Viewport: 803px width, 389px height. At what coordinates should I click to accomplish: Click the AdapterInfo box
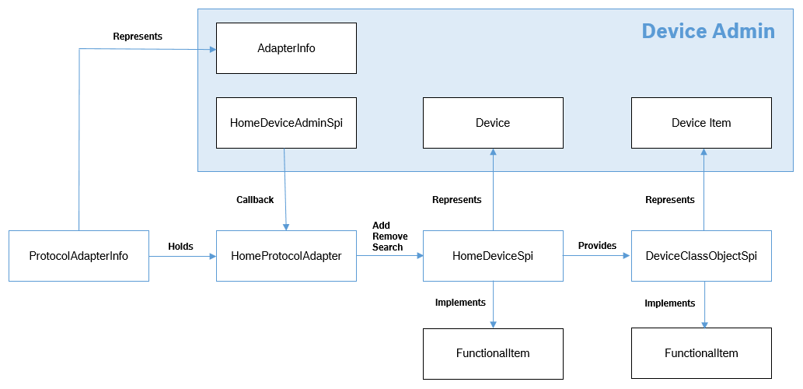pyautogui.click(x=286, y=48)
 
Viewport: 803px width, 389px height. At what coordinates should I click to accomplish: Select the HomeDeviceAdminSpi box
pyautogui.click(x=286, y=123)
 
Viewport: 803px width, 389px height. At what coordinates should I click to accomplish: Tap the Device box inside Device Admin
pyautogui.click(x=493, y=123)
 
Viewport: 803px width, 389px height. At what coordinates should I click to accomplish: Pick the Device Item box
pyautogui.click(x=701, y=123)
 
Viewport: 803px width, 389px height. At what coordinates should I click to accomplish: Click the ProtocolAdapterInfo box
pyautogui.click(x=79, y=256)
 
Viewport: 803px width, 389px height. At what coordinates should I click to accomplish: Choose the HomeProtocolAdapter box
pyautogui.click(x=286, y=256)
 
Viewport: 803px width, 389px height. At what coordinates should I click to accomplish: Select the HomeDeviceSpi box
pyautogui.click(x=493, y=256)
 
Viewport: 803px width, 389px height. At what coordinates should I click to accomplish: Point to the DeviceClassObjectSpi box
pyautogui.click(x=701, y=256)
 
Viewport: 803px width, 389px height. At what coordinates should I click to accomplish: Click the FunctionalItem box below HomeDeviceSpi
pyautogui.click(x=493, y=353)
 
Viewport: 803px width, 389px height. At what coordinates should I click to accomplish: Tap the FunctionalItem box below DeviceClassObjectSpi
pyautogui.click(x=701, y=353)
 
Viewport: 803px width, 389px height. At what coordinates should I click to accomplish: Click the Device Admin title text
pyautogui.click(x=707, y=31)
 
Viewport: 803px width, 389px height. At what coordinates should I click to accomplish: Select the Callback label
pyautogui.click(x=255, y=200)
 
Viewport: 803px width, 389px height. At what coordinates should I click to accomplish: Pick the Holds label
pyautogui.click(x=180, y=247)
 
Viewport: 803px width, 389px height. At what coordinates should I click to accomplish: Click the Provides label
pyautogui.click(x=597, y=246)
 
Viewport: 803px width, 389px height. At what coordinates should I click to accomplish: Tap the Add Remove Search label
pyautogui.click(x=387, y=237)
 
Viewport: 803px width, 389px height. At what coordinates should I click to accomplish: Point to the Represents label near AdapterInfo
pyautogui.click(x=137, y=37)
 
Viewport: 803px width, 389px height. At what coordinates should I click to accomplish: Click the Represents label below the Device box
pyautogui.click(x=456, y=200)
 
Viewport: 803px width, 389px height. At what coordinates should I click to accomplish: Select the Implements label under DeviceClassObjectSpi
pyautogui.click(x=669, y=303)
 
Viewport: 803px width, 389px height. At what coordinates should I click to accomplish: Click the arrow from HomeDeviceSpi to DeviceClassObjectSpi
pyautogui.click(x=597, y=256)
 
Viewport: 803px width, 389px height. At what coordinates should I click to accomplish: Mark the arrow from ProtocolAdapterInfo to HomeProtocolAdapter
pyautogui.click(x=182, y=256)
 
